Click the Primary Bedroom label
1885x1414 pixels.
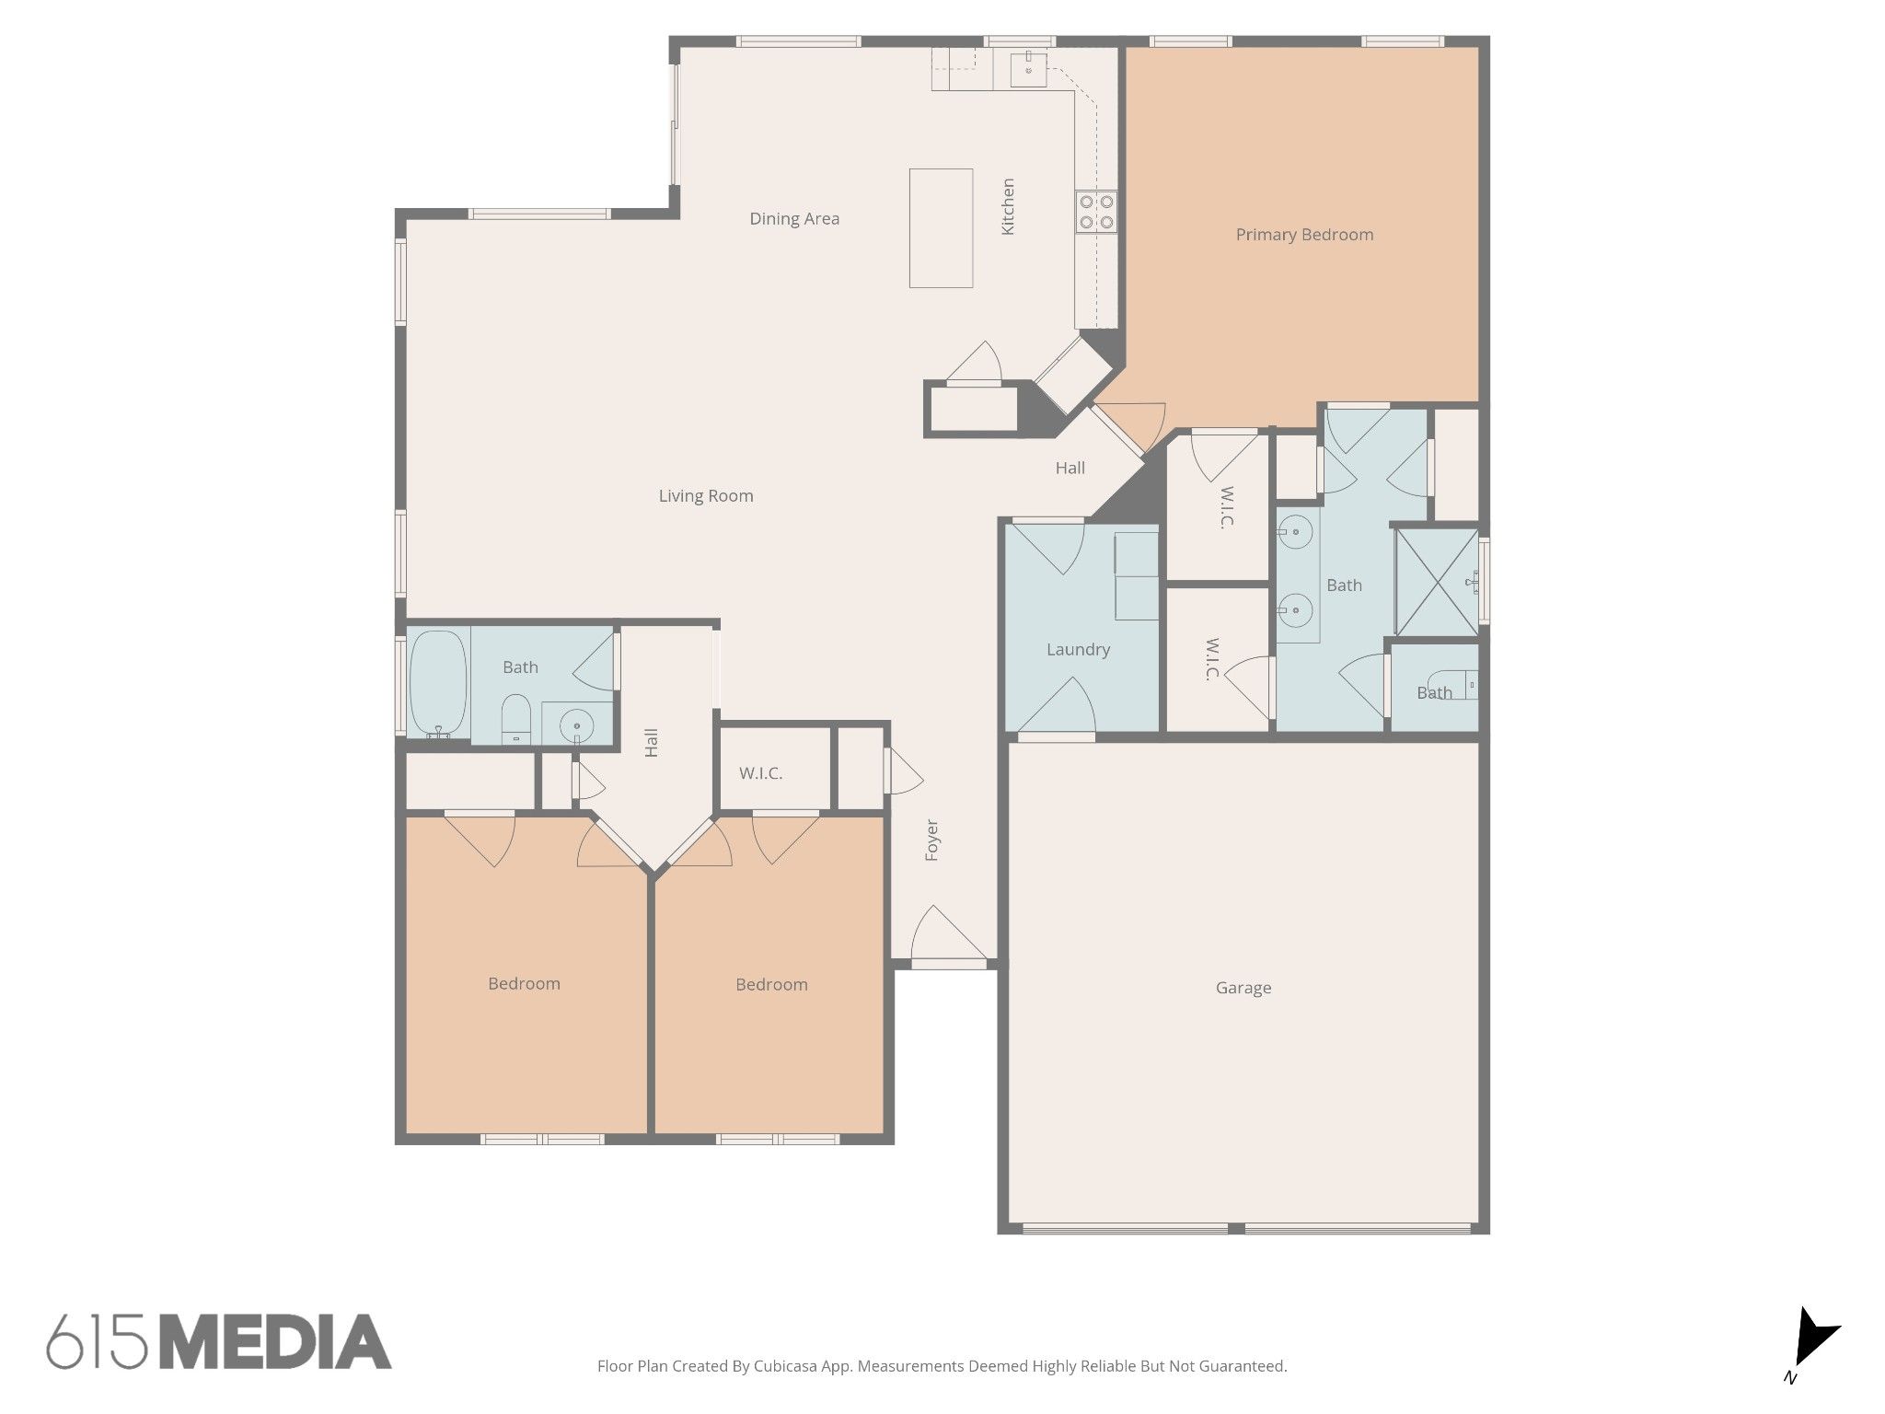(x=1304, y=235)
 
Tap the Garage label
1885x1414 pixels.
(x=1243, y=988)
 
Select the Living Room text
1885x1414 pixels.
(x=706, y=496)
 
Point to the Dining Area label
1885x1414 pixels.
(x=794, y=219)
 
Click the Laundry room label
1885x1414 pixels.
(x=1078, y=650)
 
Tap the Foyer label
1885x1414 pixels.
(x=931, y=840)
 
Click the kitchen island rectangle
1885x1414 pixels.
(x=942, y=228)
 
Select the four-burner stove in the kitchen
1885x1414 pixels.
(x=1096, y=212)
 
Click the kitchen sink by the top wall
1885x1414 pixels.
(x=1028, y=69)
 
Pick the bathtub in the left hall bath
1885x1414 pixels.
(x=438, y=683)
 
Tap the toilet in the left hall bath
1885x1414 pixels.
(x=515, y=719)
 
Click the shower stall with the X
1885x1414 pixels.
(x=1437, y=582)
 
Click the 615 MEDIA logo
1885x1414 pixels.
(x=219, y=1341)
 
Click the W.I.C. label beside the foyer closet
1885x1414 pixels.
(x=761, y=773)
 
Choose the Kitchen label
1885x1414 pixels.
(x=1008, y=207)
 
